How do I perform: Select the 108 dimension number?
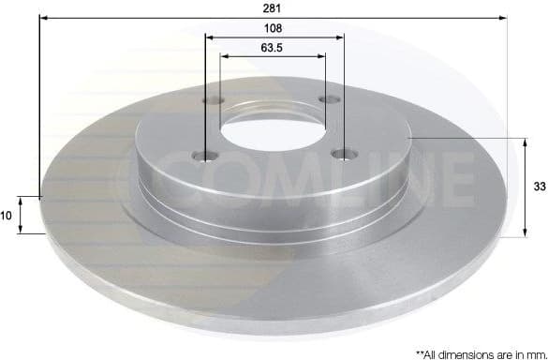[274, 29]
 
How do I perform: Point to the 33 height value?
[539, 187]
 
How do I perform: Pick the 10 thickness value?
[6, 216]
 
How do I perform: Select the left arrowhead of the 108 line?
[209, 38]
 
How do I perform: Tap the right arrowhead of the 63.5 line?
[321, 54]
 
